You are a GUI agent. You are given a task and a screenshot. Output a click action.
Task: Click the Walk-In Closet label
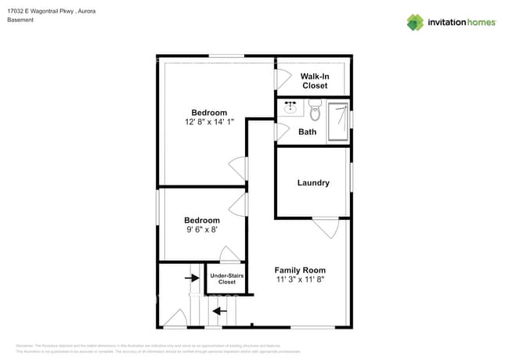point(314,81)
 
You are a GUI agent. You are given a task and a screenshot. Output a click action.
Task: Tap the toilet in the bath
point(315,110)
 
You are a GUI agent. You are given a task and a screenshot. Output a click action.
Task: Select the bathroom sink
point(290,107)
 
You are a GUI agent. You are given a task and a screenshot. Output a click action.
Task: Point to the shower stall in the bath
point(338,122)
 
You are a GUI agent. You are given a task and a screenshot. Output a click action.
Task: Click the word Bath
point(308,131)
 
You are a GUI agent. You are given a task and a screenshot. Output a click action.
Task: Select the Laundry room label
point(313,183)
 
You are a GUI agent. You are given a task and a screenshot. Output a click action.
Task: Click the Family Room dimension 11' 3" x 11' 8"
point(299,279)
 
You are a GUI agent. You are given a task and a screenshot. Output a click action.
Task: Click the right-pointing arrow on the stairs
point(191,277)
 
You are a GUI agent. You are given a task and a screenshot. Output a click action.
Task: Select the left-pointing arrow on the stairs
point(222,311)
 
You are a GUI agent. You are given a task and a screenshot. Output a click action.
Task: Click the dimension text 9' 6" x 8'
point(201,230)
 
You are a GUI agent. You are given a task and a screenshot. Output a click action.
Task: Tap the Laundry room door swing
point(324,228)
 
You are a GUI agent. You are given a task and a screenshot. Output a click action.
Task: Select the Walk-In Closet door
point(278,79)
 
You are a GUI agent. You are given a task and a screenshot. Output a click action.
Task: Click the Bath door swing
point(280,131)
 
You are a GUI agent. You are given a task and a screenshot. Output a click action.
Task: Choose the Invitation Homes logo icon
point(415,22)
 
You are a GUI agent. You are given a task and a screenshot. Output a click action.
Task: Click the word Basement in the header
point(21,20)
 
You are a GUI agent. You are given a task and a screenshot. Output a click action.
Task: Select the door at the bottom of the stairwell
point(175,319)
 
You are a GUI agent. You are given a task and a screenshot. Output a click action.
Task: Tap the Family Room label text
point(299,270)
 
